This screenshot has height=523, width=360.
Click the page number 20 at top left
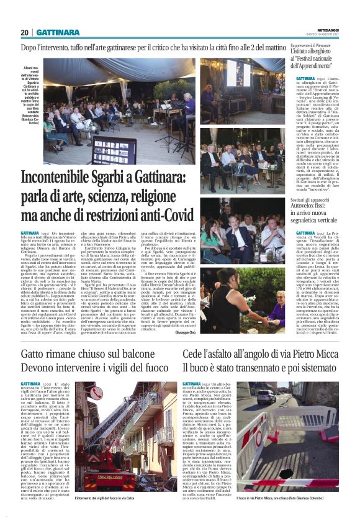tap(25, 32)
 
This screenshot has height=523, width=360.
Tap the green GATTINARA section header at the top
tap(57, 32)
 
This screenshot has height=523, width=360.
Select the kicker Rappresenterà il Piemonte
tap(313, 46)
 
